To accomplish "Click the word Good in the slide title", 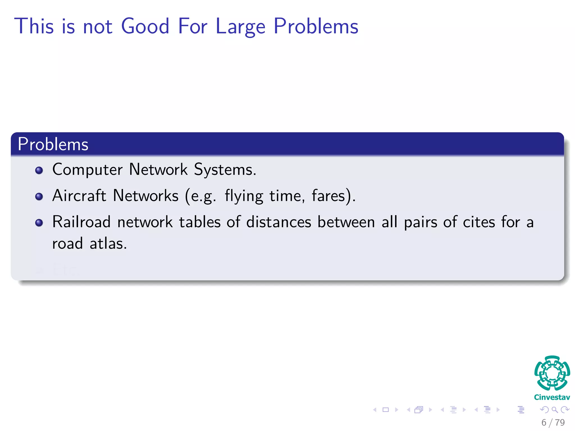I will pos(145,26).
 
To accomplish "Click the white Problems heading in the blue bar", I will pos(53,144).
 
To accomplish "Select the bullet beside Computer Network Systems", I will pos(39,170).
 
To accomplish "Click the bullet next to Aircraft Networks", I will pos(39,196).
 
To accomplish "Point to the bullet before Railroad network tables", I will pos(39,223).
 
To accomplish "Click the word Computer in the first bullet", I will pos(87,170).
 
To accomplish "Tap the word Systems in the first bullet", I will pos(225,170).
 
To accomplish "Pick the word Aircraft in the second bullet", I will pos(79,196).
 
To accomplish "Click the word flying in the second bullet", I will pos(244,196).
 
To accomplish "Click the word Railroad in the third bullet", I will pos(81,222).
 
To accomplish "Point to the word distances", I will pos(279,222).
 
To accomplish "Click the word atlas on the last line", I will pos(108,243).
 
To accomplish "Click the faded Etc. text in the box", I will pos(66,270).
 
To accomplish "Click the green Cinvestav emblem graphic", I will pos(552,373).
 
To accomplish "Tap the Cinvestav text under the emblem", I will pos(552,397).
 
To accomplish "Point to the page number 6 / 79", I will pos(553,422).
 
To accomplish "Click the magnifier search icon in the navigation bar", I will pos(555,410).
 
